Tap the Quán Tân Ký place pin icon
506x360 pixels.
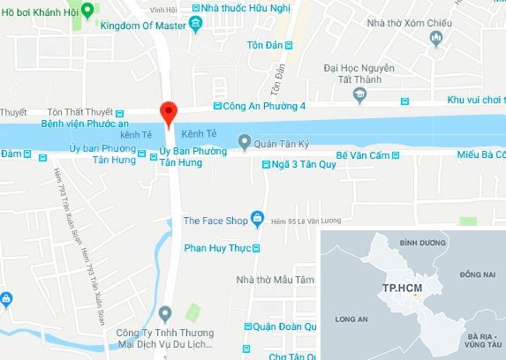(243, 141)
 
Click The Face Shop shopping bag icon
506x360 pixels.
(256, 217)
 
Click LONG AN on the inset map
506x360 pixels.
(351, 320)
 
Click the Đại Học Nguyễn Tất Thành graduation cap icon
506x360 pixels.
(359, 92)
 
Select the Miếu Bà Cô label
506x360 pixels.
(481, 154)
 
